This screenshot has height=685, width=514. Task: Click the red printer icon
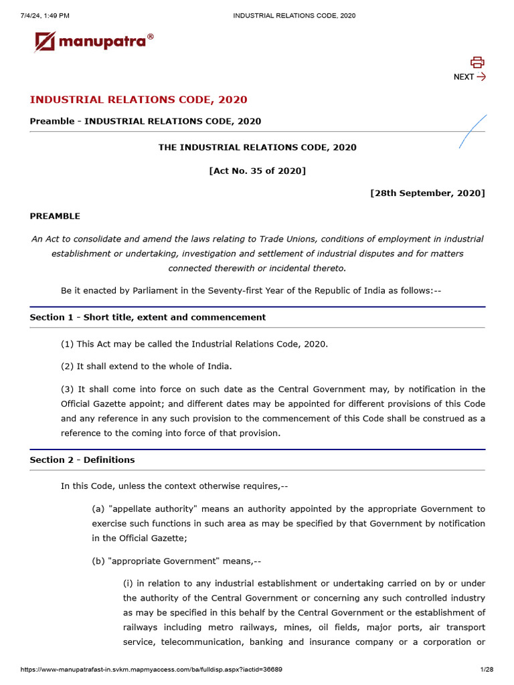point(477,62)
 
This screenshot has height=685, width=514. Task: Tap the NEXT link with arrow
point(469,77)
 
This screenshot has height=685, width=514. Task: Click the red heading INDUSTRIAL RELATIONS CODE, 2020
point(139,100)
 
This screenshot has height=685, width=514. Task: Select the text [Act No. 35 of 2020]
point(257,171)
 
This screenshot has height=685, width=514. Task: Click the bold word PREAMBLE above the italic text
point(55,216)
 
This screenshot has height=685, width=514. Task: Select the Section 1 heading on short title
point(147,317)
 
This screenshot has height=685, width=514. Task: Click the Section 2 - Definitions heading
point(82,460)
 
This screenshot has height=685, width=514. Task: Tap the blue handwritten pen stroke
point(473,132)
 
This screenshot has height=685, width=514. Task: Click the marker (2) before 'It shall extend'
point(68,366)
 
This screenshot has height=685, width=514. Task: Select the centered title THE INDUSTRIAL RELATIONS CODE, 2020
point(257,147)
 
